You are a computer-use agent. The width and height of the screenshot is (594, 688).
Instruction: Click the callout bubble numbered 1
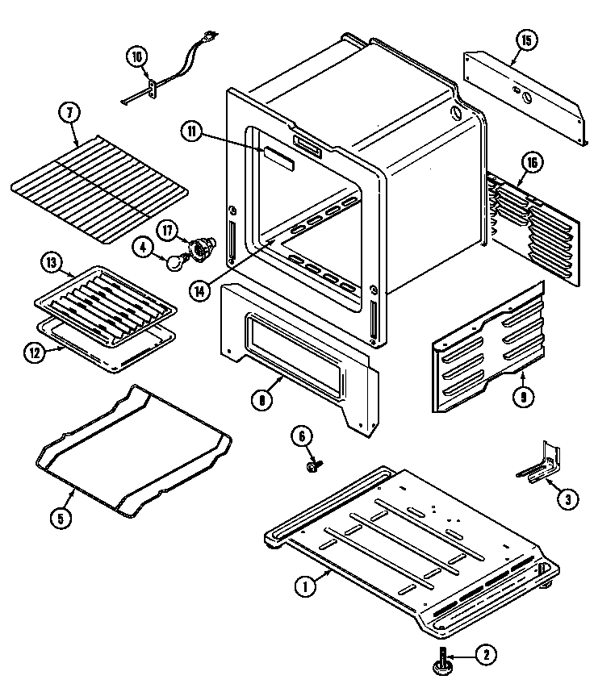[x=304, y=587]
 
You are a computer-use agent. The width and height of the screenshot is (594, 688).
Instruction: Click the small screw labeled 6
[x=313, y=466]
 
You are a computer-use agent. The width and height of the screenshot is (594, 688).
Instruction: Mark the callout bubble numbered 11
[x=191, y=133]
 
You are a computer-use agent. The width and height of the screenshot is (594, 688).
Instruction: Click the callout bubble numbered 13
[x=51, y=262]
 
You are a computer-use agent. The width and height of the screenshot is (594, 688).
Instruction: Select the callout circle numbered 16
[x=531, y=162]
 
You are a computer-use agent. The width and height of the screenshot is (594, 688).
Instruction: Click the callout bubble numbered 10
[x=137, y=56]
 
